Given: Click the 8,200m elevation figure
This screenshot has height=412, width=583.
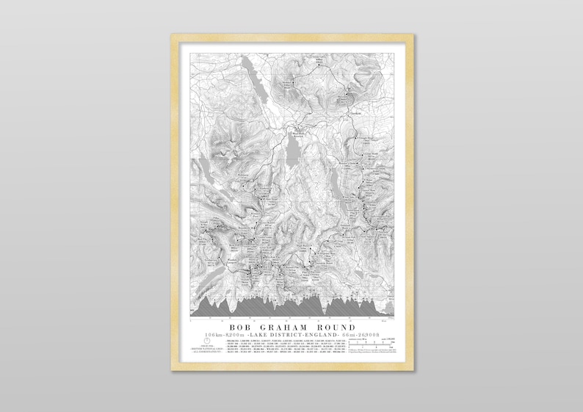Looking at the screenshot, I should tap(235, 334).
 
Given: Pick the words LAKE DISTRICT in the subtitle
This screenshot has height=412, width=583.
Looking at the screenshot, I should tap(282, 334).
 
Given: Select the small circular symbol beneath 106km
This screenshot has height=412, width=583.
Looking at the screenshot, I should tap(208, 340).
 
